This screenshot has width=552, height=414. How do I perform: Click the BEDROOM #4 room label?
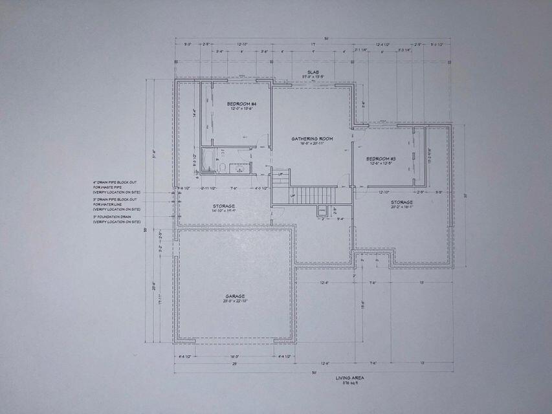[x=242, y=103]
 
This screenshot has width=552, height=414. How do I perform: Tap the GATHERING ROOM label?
[x=311, y=138]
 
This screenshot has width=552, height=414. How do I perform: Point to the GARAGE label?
[x=235, y=296]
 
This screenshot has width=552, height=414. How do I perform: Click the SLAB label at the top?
[x=313, y=72]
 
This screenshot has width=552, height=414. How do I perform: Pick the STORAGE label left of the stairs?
[x=224, y=206]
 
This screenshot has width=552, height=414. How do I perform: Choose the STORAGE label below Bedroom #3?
[x=401, y=202]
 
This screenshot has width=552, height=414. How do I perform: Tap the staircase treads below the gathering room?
[x=313, y=195]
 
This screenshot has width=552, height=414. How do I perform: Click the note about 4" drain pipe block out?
[x=116, y=188]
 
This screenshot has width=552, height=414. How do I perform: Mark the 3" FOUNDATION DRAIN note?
[x=116, y=219]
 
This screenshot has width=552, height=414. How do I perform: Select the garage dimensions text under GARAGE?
[x=235, y=301]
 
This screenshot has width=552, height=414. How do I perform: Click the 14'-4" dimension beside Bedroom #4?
[x=195, y=111]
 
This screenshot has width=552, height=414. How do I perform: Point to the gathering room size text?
[x=311, y=144]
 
